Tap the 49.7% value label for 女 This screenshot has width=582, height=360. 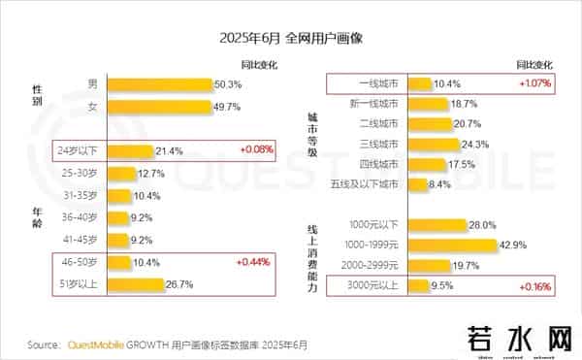(x=226, y=106)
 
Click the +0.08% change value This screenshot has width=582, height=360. (x=253, y=150)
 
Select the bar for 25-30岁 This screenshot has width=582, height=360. (x=121, y=174)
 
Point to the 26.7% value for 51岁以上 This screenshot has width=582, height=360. (x=180, y=284)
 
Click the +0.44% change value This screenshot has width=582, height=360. (x=253, y=262)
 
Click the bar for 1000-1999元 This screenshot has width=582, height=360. (x=452, y=245)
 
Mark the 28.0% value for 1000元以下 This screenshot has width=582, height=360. (x=482, y=225)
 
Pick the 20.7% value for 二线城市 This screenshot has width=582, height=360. (x=466, y=123)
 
